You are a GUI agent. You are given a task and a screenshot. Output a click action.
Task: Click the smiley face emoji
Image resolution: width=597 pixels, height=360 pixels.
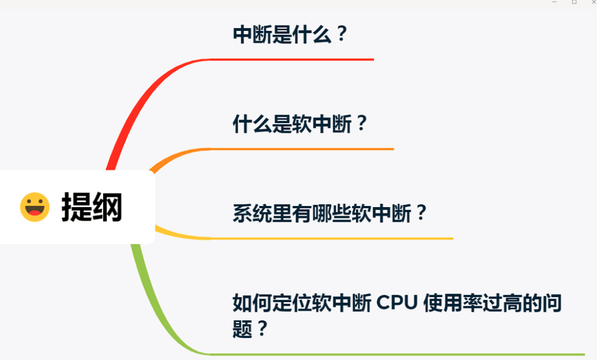[35, 207]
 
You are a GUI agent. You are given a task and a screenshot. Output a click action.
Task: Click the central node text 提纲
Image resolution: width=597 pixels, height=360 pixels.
[92, 207]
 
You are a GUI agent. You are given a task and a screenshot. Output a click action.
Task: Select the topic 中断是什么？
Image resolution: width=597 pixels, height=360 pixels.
[290, 34]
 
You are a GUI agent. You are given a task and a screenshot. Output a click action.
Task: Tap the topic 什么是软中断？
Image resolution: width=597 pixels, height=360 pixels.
[300, 124]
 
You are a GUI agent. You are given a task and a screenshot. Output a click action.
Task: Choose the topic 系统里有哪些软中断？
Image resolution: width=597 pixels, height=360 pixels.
[330, 214]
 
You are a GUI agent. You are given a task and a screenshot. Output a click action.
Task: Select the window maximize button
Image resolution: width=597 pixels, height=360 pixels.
[574, 3]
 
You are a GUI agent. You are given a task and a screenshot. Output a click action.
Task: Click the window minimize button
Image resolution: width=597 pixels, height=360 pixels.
[554, 3]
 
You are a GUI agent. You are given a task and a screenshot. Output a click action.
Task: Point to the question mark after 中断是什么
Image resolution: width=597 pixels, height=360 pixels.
[341, 34]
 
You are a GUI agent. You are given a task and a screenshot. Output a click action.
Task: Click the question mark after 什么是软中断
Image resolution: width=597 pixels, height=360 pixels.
[361, 124]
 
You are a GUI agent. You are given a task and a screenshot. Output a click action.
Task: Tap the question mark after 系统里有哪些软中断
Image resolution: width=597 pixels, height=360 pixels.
[421, 214]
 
